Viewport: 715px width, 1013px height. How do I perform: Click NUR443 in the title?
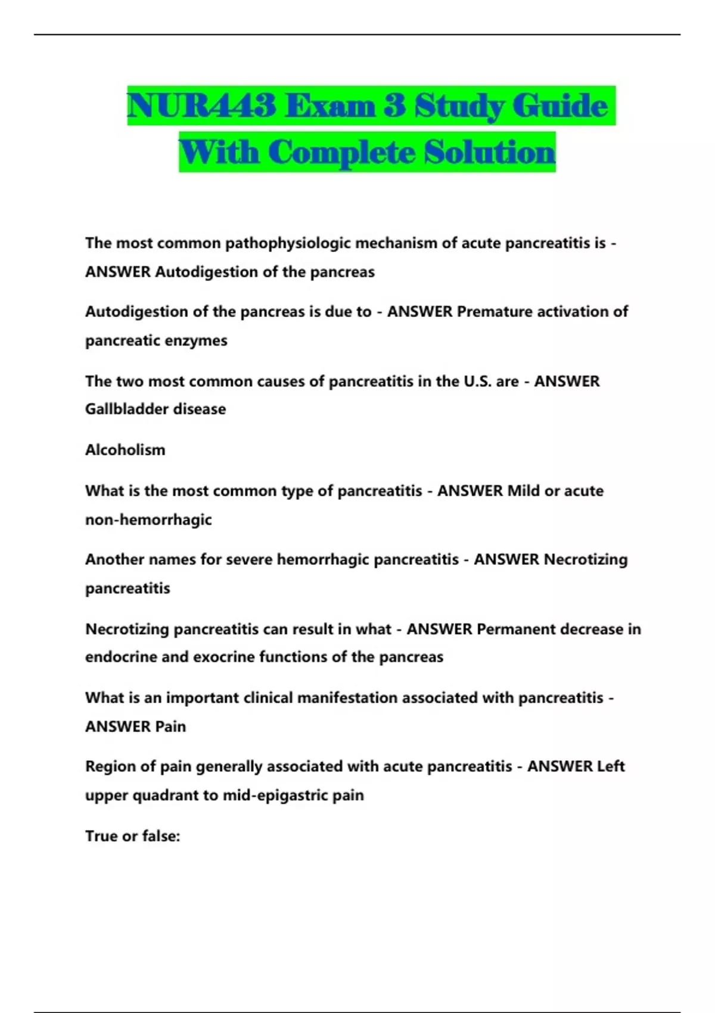pyautogui.click(x=201, y=106)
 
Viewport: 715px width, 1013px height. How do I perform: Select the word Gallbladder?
pyautogui.click(x=122, y=409)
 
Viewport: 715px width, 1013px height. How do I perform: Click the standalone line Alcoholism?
pyautogui.click(x=125, y=450)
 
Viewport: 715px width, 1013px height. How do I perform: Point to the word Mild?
pyautogui.click(x=523, y=491)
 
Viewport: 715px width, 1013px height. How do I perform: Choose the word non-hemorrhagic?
pyautogui.click(x=148, y=520)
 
